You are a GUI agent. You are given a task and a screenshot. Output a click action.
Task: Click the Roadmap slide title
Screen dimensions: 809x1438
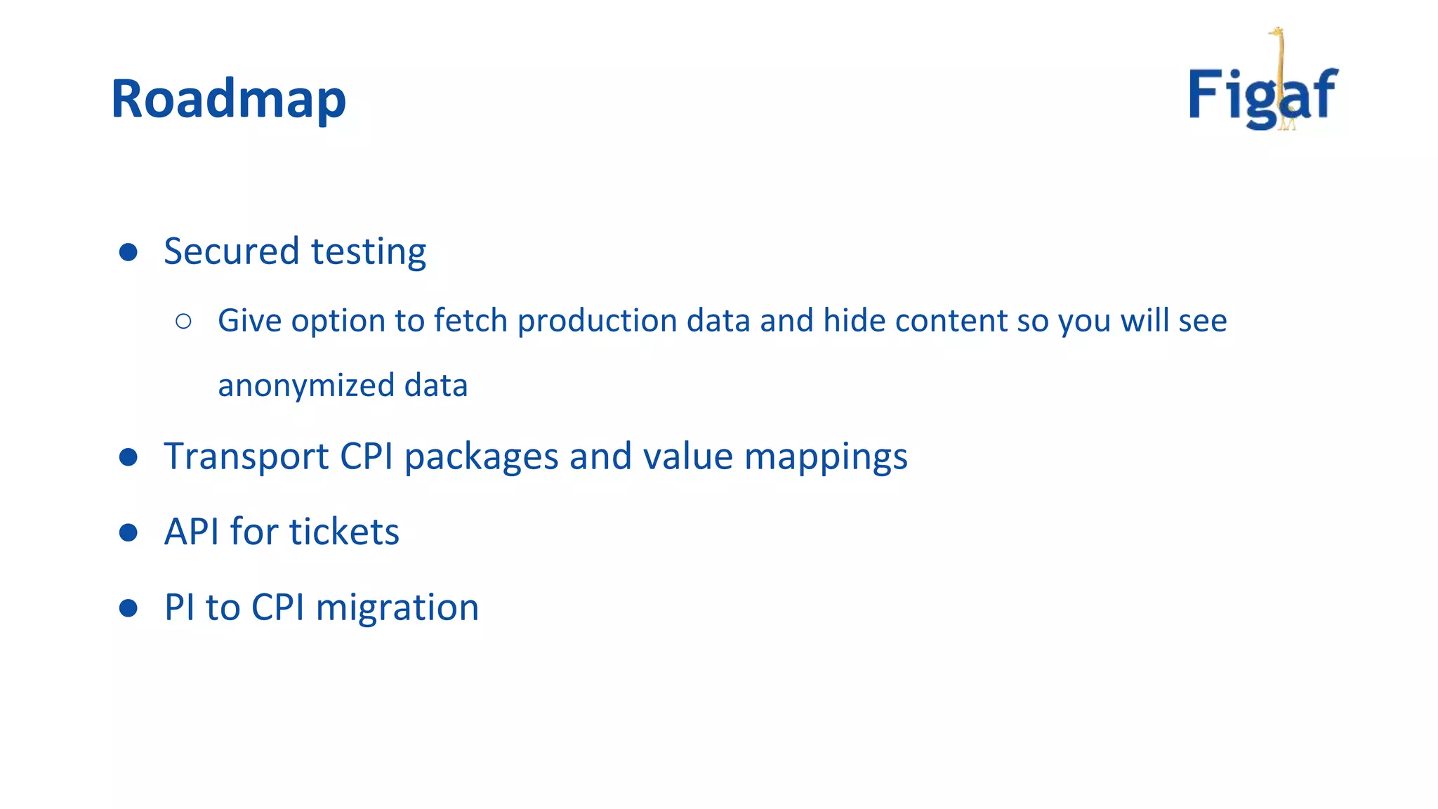(228, 99)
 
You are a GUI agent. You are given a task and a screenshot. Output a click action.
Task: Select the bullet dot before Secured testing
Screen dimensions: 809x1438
(128, 252)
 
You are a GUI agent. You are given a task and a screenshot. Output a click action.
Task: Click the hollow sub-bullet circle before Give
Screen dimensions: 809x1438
(183, 322)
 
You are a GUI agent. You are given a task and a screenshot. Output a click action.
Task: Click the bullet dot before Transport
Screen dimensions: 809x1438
(128, 457)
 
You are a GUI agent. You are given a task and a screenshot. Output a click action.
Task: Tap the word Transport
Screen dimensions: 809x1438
(246, 456)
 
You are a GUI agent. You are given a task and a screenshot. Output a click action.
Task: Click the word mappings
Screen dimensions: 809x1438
(826, 458)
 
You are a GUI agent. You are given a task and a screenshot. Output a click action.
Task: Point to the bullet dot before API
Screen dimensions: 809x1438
(128, 532)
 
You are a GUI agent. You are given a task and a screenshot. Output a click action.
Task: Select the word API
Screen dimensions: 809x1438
(192, 532)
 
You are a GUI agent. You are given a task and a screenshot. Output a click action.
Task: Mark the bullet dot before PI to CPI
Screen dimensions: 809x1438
(128, 607)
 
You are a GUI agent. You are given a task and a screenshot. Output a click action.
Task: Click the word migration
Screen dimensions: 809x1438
(397, 608)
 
